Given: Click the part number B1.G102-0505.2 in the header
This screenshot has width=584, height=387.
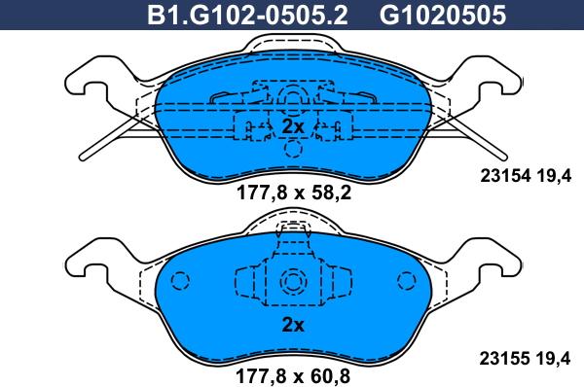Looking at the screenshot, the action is [247, 15].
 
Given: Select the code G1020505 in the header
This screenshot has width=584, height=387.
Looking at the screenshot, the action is [443, 15].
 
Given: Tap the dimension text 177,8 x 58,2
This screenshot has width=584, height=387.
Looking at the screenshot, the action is [294, 193].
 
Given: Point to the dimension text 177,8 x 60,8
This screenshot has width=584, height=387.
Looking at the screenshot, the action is [293, 376].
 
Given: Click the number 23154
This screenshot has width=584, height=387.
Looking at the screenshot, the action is [505, 176].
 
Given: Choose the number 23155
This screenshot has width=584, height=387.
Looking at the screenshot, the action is [504, 359].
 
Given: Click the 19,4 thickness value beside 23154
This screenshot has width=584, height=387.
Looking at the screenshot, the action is [554, 176].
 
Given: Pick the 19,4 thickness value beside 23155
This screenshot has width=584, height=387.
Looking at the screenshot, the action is [553, 359].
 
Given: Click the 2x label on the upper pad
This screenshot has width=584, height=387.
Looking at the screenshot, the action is [293, 126].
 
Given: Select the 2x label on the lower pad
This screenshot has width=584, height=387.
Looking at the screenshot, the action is [293, 325].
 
